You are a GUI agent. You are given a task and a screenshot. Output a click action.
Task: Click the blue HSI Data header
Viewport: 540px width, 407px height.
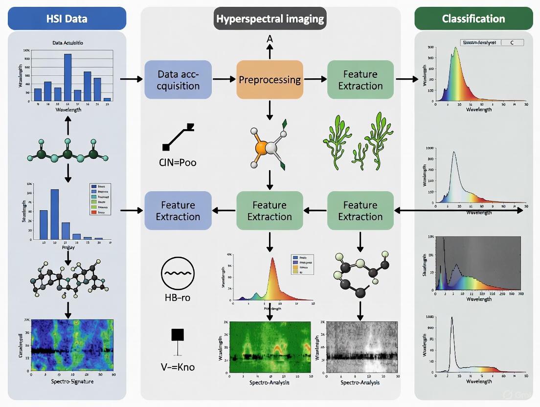coord(67,19)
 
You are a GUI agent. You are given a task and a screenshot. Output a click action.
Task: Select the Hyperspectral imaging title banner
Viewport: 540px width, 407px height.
coord(270,19)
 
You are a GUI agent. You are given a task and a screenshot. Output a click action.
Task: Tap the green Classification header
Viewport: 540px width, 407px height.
coord(473,19)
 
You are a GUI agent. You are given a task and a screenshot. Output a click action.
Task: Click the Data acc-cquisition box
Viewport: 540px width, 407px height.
coord(179,80)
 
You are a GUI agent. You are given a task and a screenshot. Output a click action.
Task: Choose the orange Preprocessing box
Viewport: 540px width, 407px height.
coord(270,80)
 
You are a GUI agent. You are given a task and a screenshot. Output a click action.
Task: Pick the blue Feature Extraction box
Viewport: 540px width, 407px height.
coord(179,211)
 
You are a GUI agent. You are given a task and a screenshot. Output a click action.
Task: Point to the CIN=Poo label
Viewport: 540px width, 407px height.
coord(179,162)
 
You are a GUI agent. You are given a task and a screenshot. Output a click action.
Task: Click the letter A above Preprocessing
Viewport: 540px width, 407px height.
coord(269,39)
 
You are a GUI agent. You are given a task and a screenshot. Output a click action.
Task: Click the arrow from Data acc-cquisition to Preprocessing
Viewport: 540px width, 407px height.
coord(224,79)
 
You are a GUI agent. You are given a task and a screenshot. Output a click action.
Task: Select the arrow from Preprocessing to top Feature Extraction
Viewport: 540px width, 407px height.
coord(315,79)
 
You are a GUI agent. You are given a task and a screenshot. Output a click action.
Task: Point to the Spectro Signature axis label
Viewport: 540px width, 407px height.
coord(71,381)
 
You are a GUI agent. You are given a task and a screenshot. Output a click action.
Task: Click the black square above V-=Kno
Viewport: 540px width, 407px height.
coord(178,335)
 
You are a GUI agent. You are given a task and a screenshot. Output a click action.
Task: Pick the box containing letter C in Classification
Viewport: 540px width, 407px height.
coord(512,43)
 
